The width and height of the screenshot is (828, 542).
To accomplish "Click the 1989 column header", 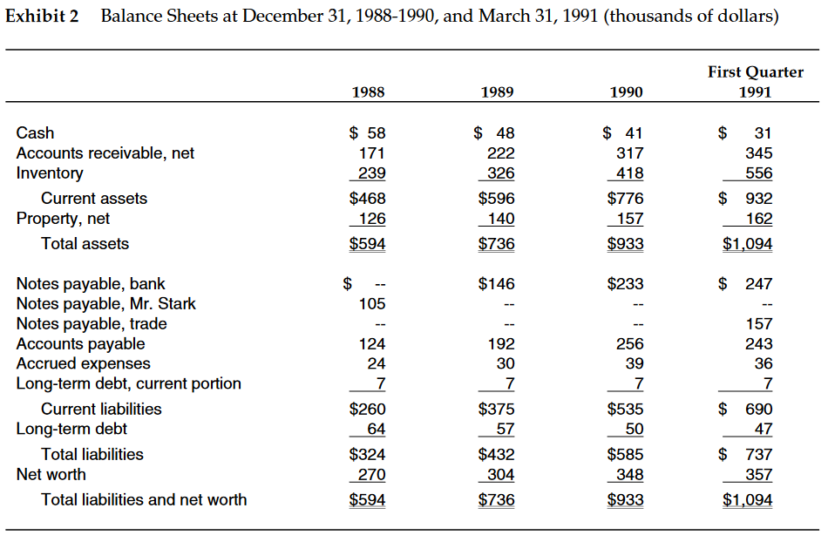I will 496,91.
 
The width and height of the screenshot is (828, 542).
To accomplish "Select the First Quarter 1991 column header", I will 756,82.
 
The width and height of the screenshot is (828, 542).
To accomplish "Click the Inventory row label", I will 50,173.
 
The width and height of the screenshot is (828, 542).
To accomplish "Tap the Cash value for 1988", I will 367,133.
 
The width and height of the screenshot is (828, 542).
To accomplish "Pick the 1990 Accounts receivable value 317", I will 628,153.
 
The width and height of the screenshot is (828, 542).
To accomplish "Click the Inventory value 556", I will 758,173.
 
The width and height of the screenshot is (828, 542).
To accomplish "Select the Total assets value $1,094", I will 747,244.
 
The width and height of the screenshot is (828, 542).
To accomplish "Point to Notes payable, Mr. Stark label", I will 105,303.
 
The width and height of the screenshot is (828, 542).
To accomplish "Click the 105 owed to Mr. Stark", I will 371,304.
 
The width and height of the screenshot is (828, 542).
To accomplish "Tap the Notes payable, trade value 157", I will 758,324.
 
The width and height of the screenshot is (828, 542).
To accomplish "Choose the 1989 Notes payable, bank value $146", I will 496,284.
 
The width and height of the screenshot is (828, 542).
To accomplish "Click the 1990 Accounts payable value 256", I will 628,344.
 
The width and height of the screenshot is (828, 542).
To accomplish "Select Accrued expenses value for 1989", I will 505,364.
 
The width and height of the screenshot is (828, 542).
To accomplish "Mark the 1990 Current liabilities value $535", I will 625,410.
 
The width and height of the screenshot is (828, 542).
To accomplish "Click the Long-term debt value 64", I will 376,430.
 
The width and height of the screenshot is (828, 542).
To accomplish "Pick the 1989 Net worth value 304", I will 500,475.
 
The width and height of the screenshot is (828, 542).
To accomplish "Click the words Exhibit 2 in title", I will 42,17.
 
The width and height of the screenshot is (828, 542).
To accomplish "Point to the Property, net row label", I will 63,219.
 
